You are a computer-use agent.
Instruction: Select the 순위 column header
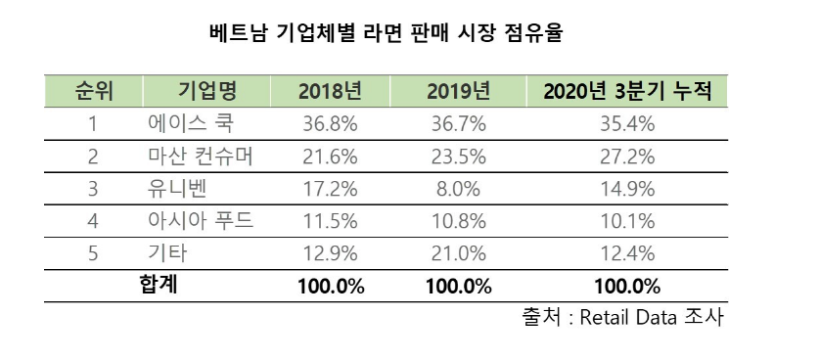(x=93, y=92)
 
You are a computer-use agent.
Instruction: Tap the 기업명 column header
(x=206, y=92)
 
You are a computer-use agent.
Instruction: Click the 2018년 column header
(x=330, y=92)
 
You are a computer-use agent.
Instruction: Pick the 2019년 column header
(x=458, y=92)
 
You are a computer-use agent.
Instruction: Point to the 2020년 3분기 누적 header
(x=627, y=92)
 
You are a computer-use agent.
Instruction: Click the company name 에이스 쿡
(x=191, y=124)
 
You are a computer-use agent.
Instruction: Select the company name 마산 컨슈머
(x=201, y=157)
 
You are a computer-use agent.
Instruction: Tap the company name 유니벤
(x=177, y=189)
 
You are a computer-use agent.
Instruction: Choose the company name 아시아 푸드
(x=201, y=221)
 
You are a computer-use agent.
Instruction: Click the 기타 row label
(x=167, y=254)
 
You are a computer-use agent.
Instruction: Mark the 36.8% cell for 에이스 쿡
(x=330, y=124)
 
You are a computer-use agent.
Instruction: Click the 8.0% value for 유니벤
(x=458, y=189)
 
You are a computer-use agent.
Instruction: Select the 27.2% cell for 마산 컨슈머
(x=627, y=157)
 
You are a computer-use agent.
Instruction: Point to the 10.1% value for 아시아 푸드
(x=627, y=221)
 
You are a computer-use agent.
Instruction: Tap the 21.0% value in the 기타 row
(x=458, y=254)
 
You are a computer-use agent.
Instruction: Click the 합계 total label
(x=159, y=286)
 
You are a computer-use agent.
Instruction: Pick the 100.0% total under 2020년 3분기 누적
(x=627, y=287)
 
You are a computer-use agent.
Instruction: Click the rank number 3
(x=93, y=189)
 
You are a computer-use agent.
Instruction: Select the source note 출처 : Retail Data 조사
(x=623, y=318)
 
